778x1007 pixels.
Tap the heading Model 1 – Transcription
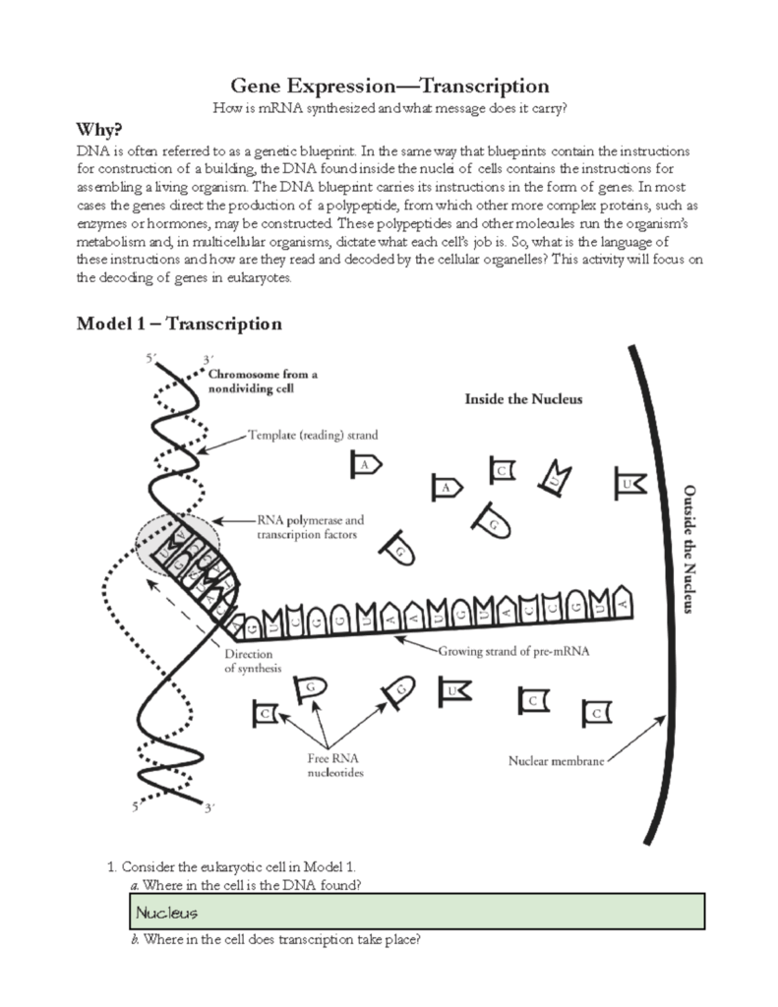point(179,324)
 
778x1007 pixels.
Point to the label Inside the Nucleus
point(523,399)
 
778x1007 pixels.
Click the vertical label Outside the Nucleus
point(689,548)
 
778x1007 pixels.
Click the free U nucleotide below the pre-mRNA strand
point(453,691)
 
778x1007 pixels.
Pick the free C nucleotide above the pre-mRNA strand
point(501,472)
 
